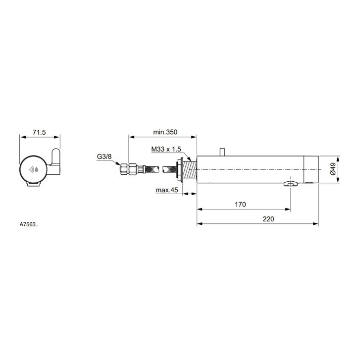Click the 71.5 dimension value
[x=39, y=133]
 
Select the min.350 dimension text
[x=165, y=132]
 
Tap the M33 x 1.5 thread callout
[x=166, y=149]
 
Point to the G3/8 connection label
[x=104, y=156]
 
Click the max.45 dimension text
[x=167, y=190]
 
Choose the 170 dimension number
[x=240, y=205]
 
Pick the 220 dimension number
[x=268, y=219]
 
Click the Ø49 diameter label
[x=333, y=169]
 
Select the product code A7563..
[x=29, y=224]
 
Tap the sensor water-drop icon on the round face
[x=34, y=170]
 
